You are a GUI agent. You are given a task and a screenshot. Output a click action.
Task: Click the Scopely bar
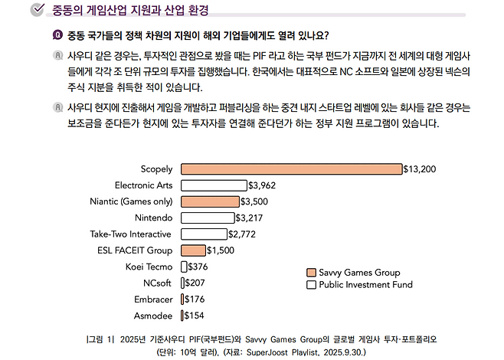[x=291, y=169]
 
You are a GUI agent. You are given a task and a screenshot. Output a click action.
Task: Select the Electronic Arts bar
[x=214, y=185]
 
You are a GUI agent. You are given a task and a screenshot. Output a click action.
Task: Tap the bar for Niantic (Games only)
[x=210, y=201]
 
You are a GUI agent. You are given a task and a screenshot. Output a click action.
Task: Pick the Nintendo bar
[x=208, y=218]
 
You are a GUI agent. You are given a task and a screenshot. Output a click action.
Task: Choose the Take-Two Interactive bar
[x=204, y=234]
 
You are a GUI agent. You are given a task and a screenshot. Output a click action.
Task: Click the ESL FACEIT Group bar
[x=193, y=250]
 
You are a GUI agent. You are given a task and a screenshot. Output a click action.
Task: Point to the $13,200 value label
[x=420, y=169]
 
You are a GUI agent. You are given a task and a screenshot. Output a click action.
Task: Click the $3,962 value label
[x=262, y=185]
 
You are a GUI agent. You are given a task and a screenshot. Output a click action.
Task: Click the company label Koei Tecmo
[x=149, y=267]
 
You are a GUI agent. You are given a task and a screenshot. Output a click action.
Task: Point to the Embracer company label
[x=152, y=299]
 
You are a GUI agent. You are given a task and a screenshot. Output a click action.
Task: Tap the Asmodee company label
[x=153, y=315]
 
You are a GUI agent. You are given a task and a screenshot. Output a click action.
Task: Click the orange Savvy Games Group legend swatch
[x=311, y=273]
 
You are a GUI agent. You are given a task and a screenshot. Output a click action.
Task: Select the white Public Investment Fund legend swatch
[x=311, y=285]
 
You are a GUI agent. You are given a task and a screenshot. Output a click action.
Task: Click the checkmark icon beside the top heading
[x=35, y=10]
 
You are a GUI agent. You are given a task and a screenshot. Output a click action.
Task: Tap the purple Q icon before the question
[x=57, y=35]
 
